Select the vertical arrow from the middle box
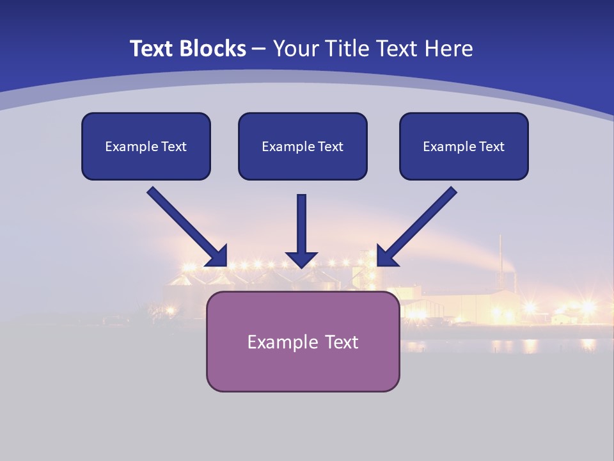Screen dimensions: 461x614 click(301, 224)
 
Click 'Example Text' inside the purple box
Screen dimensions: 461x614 click(303, 342)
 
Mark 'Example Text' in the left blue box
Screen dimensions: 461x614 click(146, 147)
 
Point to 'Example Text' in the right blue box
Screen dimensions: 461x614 click(464, 147)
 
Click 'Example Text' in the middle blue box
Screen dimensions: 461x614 click(303, 147)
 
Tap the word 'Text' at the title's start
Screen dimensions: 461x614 click(151, 49)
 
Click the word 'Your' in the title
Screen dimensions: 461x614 click(295, 49)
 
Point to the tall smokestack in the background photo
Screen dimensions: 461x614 click(500, 256)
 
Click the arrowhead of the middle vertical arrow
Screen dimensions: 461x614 click(301, 259)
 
